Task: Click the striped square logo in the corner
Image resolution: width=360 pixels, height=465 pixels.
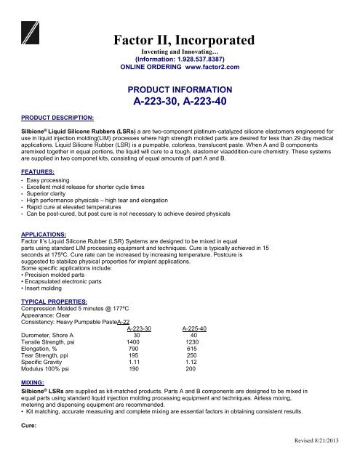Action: point(34,36)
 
